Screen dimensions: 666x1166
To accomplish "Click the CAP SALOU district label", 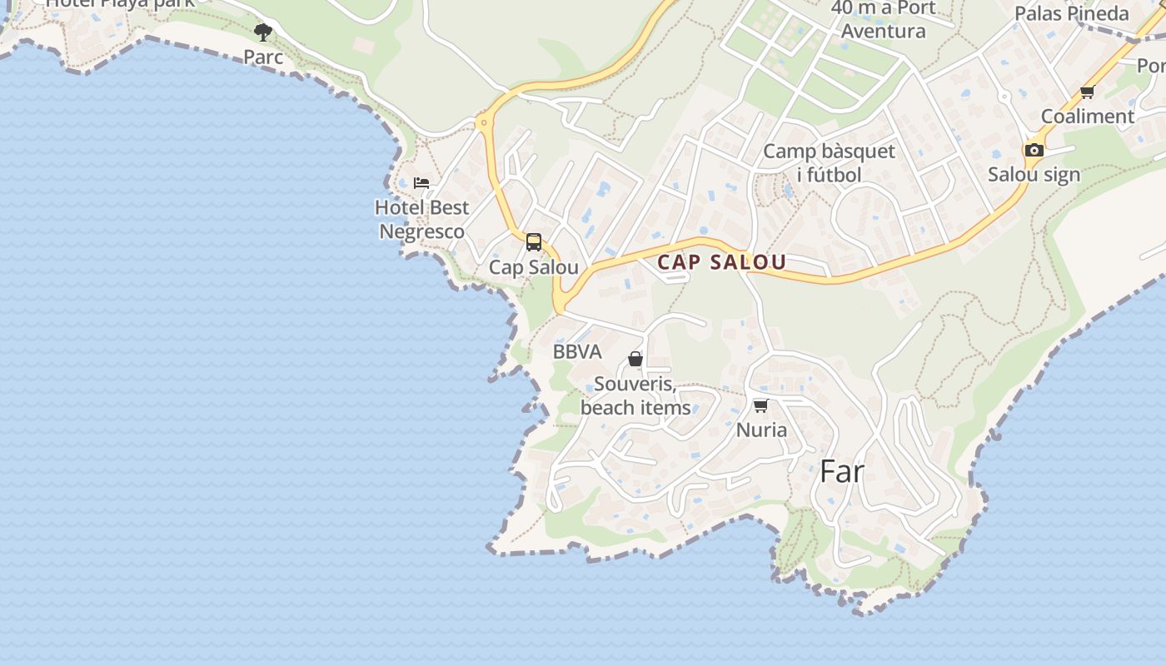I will [x=721, y=262].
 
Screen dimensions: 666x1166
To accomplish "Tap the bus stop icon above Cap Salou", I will [x=534, y=242].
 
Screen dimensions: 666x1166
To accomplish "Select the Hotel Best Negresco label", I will [x=421, y=219].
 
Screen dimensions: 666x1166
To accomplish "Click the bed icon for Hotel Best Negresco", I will [x=421, y=183].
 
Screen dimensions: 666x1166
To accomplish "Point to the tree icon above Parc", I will [x=263, y=32].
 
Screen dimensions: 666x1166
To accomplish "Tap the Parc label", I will [x=263, y=57].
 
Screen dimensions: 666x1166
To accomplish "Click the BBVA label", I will [x=577, y=351].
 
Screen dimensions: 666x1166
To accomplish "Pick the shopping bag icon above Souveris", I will [x=635, y=359].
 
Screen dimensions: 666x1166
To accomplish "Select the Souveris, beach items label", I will [x=635, y=396].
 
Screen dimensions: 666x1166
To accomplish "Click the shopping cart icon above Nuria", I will [x=760, y=406].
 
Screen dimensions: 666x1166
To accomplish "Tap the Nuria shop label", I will [x=761, y=430].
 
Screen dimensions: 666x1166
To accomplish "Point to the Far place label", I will [x=842, y=472].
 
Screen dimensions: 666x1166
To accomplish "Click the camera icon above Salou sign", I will [x=1034, y=150].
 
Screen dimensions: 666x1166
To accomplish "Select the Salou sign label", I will [x=1034, y=175].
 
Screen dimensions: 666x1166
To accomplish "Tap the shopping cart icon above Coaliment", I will [x=1087, y=92].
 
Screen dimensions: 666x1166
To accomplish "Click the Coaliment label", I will [x=1088, y=117].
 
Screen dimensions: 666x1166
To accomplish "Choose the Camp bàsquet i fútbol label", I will [x=829, y=163].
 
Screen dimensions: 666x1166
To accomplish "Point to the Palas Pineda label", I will [x=1071, y=13].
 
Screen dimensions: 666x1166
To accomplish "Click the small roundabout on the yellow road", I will [x=482, y=124].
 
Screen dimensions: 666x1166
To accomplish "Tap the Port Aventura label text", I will [x=884, y=32].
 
